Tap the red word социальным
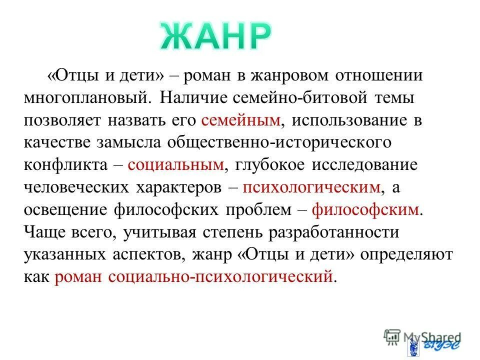(175, 165)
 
